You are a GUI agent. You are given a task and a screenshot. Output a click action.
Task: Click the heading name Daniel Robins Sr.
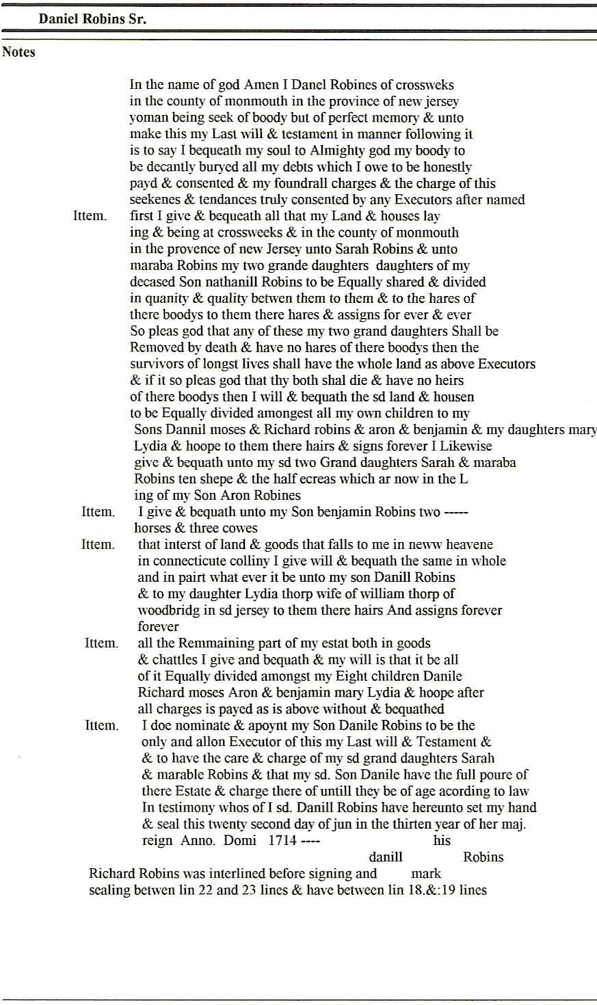92,19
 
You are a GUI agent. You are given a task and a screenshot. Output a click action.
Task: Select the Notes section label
18,52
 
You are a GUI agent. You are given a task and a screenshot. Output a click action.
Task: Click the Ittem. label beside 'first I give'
90,216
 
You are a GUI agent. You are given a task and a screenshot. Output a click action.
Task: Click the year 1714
282,840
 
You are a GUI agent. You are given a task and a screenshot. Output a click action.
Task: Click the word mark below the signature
426,873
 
